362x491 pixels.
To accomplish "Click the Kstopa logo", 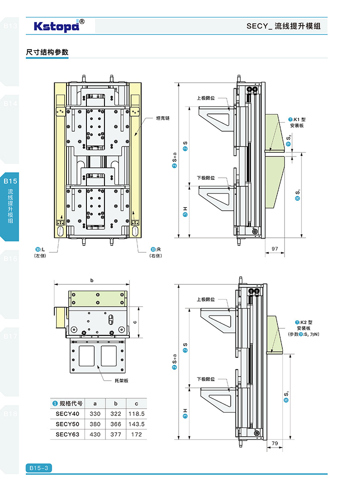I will click(57, 26).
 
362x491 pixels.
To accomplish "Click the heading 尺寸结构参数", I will click(48, 52).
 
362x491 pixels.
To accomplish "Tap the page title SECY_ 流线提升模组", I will click(283, 26).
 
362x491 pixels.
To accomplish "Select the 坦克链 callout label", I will click(162, 118).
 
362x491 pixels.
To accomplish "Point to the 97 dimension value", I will click(275, 248).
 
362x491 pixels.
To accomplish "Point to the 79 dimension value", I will click(275, 444).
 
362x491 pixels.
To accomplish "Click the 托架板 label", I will click(122, 381).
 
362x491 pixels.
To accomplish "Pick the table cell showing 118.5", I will click(136, 414).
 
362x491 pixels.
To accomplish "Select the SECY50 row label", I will click(67, 424).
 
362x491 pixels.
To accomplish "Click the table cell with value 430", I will click(95, 434).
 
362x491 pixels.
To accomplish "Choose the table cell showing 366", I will click(116, 424).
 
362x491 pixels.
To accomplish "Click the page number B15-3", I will click(38, 468).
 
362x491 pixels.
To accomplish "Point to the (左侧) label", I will click(40, 256).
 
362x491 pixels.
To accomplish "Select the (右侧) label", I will click(156, 256).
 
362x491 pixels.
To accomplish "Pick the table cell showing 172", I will click(136, 434).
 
